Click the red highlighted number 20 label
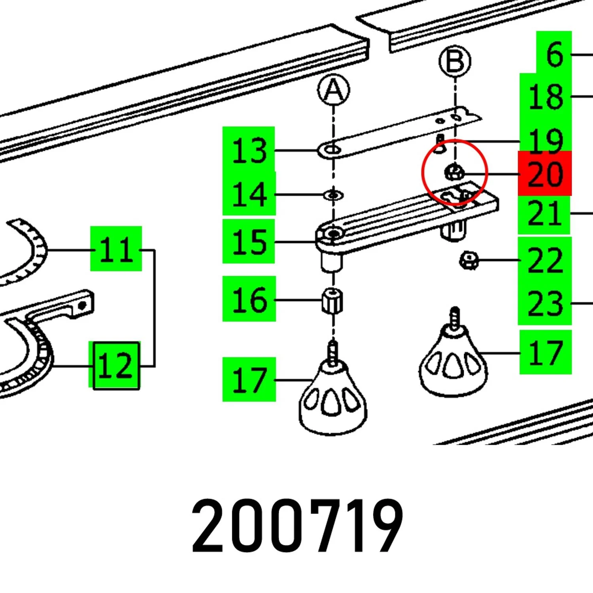[545, 174]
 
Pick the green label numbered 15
[249, 241]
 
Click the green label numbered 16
[249, 299]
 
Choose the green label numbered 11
[116, 249]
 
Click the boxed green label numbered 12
[116, 366]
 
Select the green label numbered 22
[545, 260]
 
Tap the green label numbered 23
[545, 303]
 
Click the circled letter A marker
[334, 91]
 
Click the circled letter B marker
[455, 61]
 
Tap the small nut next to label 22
[469, 261]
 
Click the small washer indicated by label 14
[333, 195]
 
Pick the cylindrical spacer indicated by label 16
[333, 301]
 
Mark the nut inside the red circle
[455, 172]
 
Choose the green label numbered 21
[544, 213]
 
